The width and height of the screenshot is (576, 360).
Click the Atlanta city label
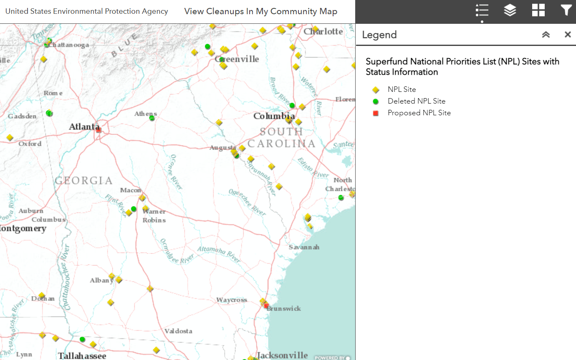pyautogui.click(x=83, y=127)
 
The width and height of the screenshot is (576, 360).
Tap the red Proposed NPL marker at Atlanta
pyautogui.click(x=99, y=130)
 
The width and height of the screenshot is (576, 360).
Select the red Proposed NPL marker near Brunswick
pyautogui.click(x=266, y=306)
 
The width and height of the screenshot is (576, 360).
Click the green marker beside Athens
pyautogui.click(x=152, y=118)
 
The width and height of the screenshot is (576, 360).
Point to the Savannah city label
pyautogui.click(x=304, y=247)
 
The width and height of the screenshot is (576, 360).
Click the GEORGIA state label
pyautogui.click(x=83, y=180)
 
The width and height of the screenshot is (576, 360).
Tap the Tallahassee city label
pyautogui.click(x=82, y=356)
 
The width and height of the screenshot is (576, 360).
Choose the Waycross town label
pyautogui.click(x=232, y=300)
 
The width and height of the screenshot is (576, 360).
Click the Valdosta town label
pyautogui.click(x=178, y=331)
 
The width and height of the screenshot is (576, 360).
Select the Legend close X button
pyautogui.click(x=568, y=35)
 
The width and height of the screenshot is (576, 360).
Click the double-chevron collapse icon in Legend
pyautogui.click(x=546, y=35)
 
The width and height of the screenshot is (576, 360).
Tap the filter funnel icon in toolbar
pyautogui.click(x=566, y=10)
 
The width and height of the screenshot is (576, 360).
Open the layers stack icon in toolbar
pyautogui.click(x=510, y=10)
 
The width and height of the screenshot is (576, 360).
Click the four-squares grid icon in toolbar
pyautogui.click(x=538, y=10)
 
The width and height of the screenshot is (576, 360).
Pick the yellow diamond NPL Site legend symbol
pyautogui.click(x=376, y=89)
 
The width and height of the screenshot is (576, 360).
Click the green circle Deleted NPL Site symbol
pyautogui.click(x=376, y=101)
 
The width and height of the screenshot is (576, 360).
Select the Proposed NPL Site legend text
pyautogui.click(x=419, y=113)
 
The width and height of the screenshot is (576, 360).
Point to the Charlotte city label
pyautogui.click(x=323, y=31)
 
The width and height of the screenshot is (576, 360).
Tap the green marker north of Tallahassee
pyautogui.click(x=82, y=339)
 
